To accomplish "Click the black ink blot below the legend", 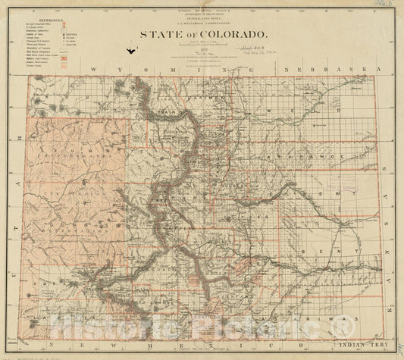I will point(133,52).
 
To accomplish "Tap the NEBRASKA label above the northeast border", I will point(330,70).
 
